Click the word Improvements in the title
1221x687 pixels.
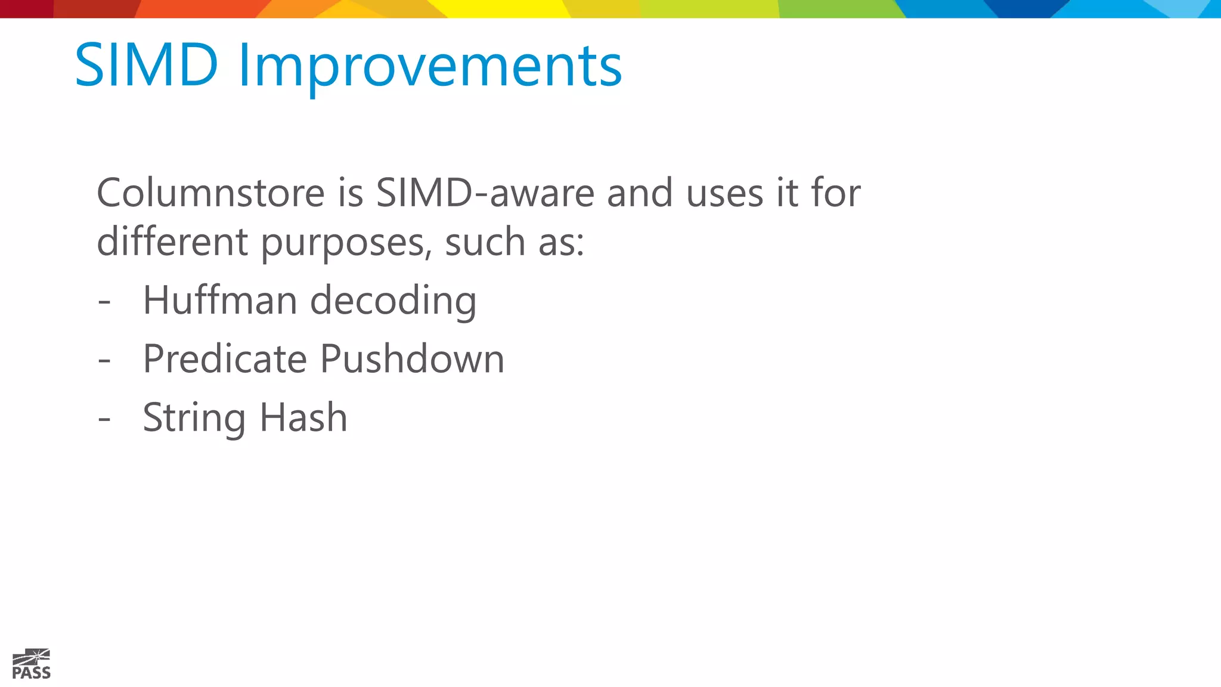click(430, 67)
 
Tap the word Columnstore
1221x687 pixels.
click(211, 193)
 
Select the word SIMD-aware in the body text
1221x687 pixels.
click(485, 193)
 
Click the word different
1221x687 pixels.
click(172, 242)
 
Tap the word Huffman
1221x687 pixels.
click(219, 299)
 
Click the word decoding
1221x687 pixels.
click(393, 301)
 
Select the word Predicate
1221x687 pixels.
click(225, 358)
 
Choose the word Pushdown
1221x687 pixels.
click(412, 358)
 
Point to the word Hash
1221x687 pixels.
click(303, 417)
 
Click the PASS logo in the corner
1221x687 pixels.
click(31, 664)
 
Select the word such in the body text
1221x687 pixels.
click(485, 243)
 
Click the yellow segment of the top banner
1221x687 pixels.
click(507, 8)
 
